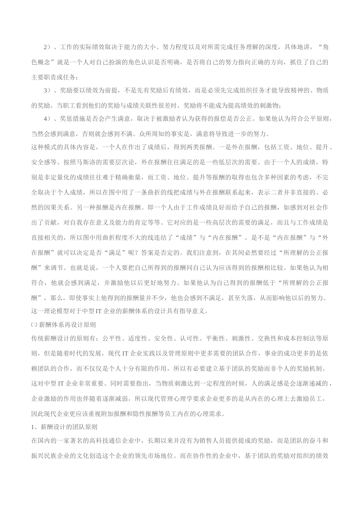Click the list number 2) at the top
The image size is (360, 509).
(47, 47)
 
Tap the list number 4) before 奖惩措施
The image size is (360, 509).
(47, 119)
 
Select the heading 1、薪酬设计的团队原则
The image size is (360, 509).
(64, 427)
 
